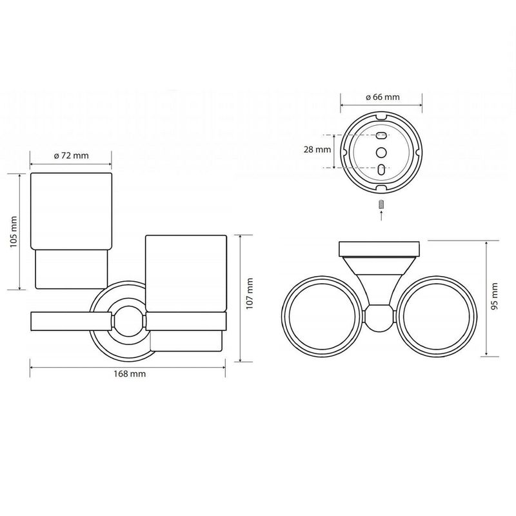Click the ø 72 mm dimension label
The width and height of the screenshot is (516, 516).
click(72, 155)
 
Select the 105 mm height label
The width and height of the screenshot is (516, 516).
click(13, 232)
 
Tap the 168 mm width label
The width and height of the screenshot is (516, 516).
click(130, 374)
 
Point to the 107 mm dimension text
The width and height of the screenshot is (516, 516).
click(250, 293)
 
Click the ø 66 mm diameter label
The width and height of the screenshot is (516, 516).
click(382, 97)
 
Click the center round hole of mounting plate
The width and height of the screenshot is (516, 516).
click(381, 152)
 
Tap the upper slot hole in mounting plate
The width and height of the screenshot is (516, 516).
click(381, 135)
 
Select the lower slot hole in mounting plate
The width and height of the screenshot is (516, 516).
click(381, 170)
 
